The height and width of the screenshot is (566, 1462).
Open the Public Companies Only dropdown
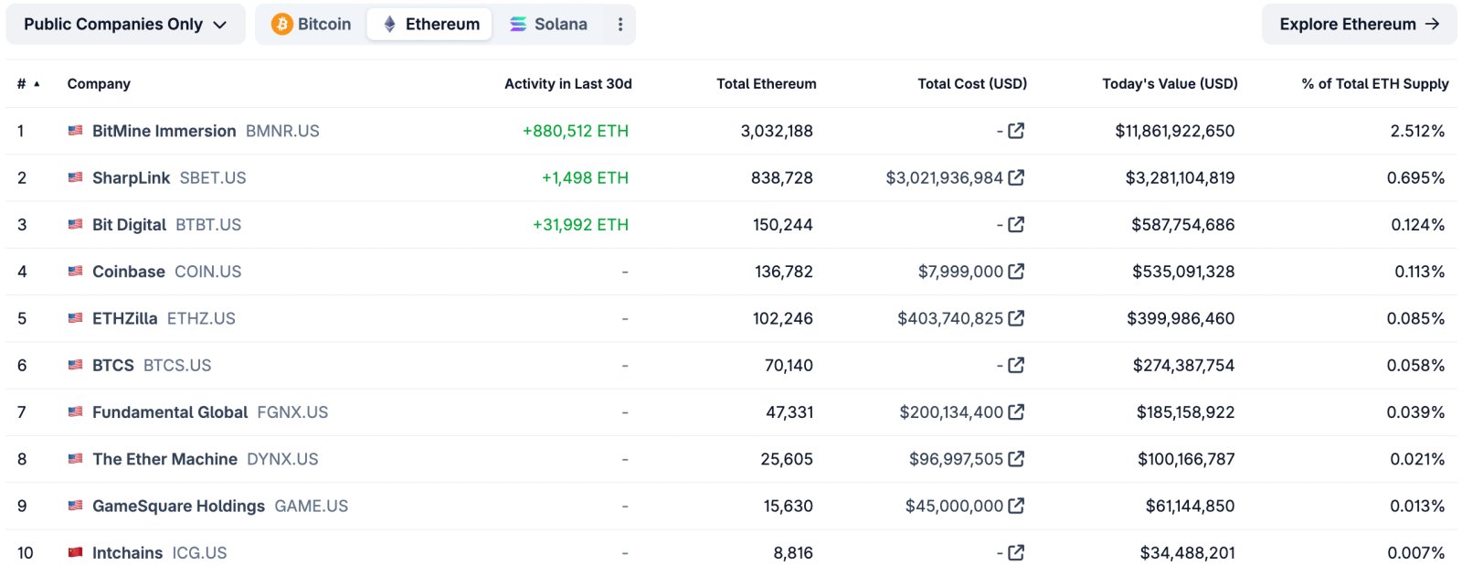(x=125, y=25)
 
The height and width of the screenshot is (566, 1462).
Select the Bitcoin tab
(x=312, y=25)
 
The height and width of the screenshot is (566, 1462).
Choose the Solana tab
(x=548, y=25)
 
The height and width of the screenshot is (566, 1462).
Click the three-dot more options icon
(x=620, y=25)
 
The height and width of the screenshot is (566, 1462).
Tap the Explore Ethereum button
(x=1359, y=25)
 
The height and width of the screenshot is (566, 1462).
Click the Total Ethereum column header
(x=766, y=84)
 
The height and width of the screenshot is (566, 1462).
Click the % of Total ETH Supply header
(x=1374, y=84)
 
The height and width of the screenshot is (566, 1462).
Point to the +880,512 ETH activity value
(x=575, y=131)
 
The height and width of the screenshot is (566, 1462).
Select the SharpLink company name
(x=131, y=178)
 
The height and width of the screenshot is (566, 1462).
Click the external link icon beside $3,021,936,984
(x=1016, y=177)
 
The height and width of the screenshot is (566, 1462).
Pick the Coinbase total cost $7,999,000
(x=960, y=272)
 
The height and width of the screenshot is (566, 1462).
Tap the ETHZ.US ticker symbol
(x=201, y=318)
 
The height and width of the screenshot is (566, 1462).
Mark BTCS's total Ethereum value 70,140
(x=788, y=366)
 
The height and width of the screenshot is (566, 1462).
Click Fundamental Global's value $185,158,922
(x=1185, y=412)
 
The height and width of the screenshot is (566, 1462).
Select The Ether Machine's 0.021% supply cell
(x=1416, y=459)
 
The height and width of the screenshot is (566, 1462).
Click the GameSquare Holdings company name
(x=178, y=507)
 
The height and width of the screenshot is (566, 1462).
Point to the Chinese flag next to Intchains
(x=75, y=552)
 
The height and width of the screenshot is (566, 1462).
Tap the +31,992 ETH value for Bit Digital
(x=580, y=225)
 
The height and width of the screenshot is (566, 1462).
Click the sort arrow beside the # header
(x=37, y=84)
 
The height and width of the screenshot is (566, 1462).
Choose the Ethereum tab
(x=429, y=25)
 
